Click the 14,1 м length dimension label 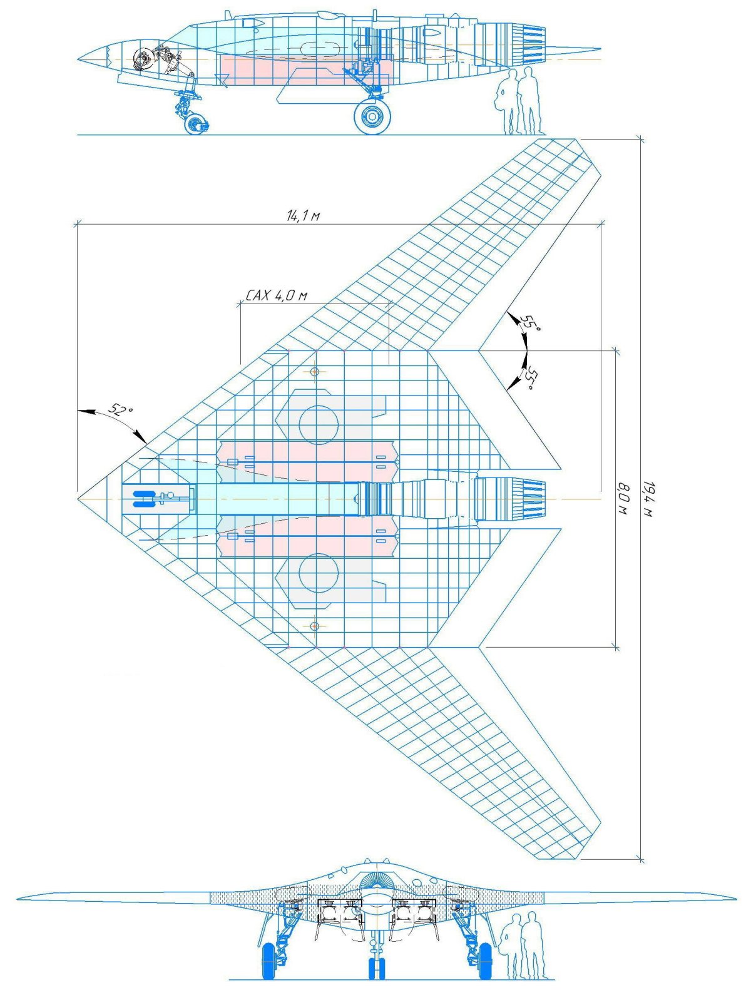(304, 217)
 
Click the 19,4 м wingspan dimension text (649, 499)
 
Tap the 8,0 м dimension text (623, 498)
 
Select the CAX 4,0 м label (276, 295)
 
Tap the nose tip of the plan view (79, 499)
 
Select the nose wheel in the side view (197, 123)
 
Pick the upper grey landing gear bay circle (319, 424)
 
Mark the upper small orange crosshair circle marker (315, 372)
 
